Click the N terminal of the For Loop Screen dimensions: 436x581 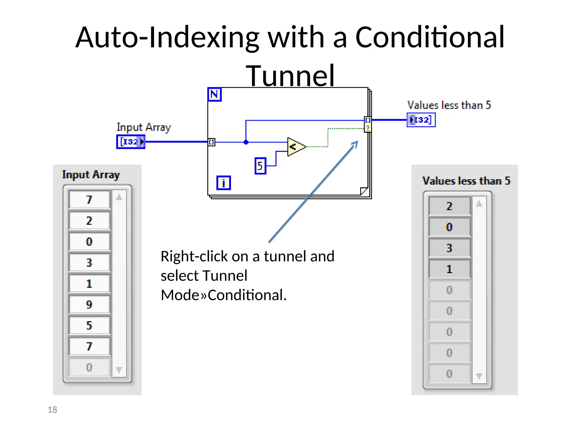pos(214,94)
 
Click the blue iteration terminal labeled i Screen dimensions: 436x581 pos(224,183)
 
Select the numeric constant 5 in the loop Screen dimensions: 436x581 pos(260,166)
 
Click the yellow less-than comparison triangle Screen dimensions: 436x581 pos(295,147)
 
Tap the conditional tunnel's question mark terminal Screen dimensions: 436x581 pos(368,128)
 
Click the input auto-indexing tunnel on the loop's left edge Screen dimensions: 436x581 pos(211,142)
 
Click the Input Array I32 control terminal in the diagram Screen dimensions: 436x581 pos(131,142)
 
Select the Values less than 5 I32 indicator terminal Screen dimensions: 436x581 pos(421,120)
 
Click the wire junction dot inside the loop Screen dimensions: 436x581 pos(246,142)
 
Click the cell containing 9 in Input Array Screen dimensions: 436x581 pos(89,304)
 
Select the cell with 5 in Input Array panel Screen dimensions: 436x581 pos(89,325)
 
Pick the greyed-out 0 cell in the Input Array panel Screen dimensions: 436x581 pos(89,367)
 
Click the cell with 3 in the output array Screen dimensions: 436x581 pos(449,248)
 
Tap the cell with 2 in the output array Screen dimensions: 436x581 pos(449,206)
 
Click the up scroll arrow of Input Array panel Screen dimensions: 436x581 pos(119,197)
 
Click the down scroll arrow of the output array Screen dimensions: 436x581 pos(479,376)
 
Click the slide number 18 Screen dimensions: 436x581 pos(52,410)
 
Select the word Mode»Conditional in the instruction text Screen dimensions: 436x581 pos(224,295)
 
